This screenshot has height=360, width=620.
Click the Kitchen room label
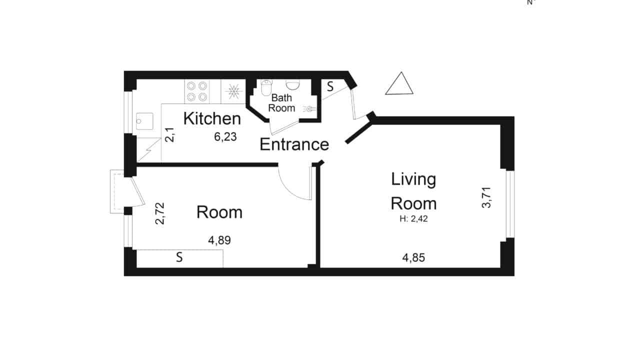(212, 118)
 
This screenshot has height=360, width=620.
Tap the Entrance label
(294, 144)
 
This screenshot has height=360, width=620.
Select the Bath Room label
(281, 103)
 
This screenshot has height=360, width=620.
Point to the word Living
(413, 180)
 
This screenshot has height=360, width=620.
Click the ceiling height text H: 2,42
(413, 219)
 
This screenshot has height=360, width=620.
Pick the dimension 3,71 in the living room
(486, 197)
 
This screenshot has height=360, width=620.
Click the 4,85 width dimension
(413, 258)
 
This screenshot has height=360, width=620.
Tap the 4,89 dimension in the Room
(219, 240)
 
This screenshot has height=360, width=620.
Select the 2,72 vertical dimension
(159, 213)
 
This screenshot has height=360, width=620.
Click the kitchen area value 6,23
(225, 137)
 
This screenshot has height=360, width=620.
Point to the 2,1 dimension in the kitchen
(169, 135)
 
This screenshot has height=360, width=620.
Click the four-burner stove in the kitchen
(197, 91)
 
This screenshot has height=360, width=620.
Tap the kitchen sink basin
(144, 121)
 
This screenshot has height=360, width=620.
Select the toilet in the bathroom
(266, 87)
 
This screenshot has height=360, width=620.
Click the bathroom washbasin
(293, 85)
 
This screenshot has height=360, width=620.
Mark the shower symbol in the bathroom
(309, 109)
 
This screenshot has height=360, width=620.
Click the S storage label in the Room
(179, 257)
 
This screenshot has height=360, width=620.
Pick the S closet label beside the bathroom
(330, 86)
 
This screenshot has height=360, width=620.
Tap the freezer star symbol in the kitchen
(233, 91)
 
